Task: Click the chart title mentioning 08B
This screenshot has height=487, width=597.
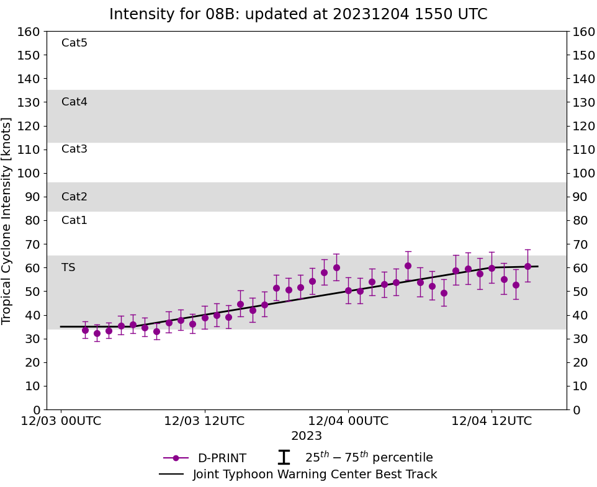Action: point(298,14)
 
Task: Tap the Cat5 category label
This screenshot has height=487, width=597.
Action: point(74,43)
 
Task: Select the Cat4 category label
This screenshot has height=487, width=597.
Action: point(74,102)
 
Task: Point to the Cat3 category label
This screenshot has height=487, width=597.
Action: point(74,149)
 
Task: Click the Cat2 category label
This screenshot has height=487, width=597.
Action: point(74,197)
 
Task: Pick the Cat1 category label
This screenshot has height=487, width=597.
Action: point(74,220)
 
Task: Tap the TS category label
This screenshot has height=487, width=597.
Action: point(68,267)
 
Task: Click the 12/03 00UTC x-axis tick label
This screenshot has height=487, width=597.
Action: point(61,421)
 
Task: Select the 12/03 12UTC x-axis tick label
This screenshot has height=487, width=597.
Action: point(204,421)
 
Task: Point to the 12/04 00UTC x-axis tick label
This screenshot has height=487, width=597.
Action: point(348,421)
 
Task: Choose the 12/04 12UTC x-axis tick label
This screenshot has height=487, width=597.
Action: point(492,421)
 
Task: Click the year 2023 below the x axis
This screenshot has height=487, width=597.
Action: point(307,436)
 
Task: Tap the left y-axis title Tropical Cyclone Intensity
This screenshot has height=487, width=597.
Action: point(7,220)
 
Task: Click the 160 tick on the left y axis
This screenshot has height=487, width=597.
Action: point(30,32)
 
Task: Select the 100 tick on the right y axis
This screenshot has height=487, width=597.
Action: point(583,173)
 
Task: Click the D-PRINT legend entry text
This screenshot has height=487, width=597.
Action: point(222,458)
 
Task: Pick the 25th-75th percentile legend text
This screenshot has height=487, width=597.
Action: point(369,457)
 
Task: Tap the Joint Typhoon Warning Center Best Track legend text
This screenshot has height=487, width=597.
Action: point(315,475)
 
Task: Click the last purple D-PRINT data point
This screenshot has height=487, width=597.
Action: point(527,266)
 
